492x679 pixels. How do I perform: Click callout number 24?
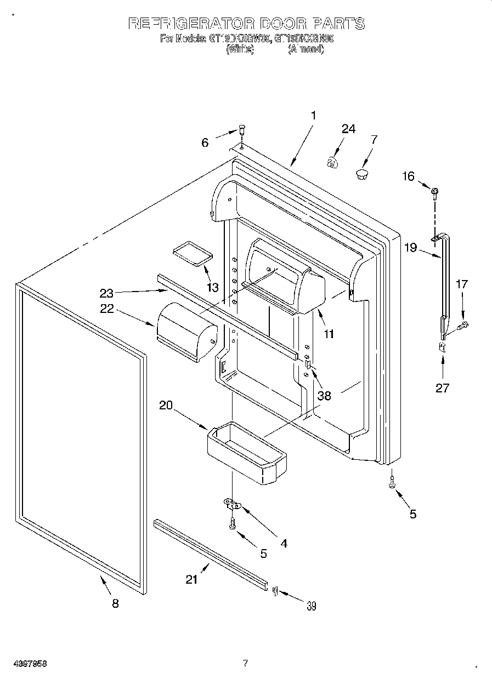348,129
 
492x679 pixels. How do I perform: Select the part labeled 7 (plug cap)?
361,174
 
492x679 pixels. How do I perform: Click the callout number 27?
442,388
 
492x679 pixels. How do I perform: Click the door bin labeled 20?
247,456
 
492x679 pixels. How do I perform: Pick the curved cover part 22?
186,332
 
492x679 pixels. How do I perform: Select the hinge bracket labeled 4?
233,503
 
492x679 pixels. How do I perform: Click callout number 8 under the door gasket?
115,603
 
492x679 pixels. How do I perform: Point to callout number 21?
191,580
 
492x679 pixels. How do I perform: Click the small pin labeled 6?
241,130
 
